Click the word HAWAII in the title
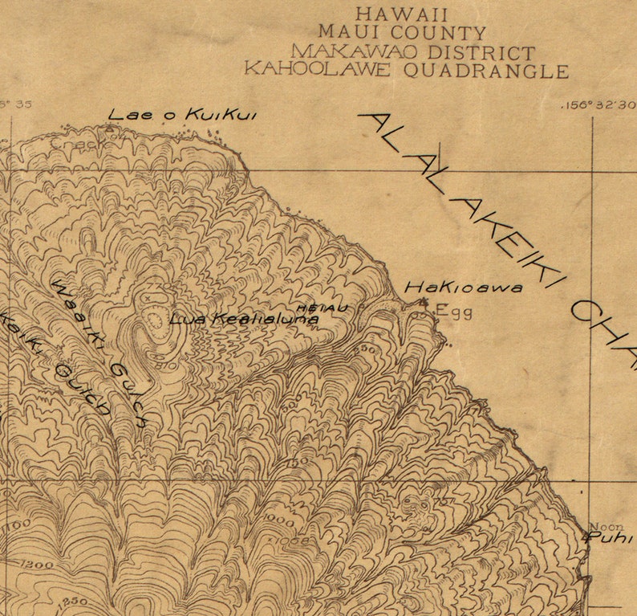tap(401, 14)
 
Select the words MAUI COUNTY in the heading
tap(402, 33)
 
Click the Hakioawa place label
tap(463, 287)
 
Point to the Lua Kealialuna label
tap(244, 319)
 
